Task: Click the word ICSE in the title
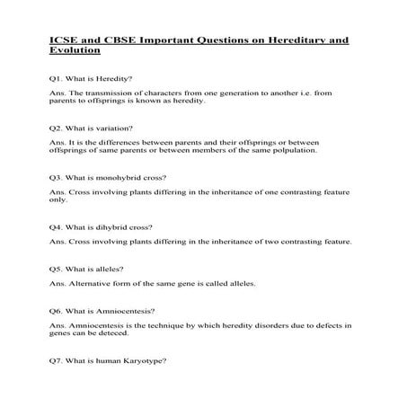60,40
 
